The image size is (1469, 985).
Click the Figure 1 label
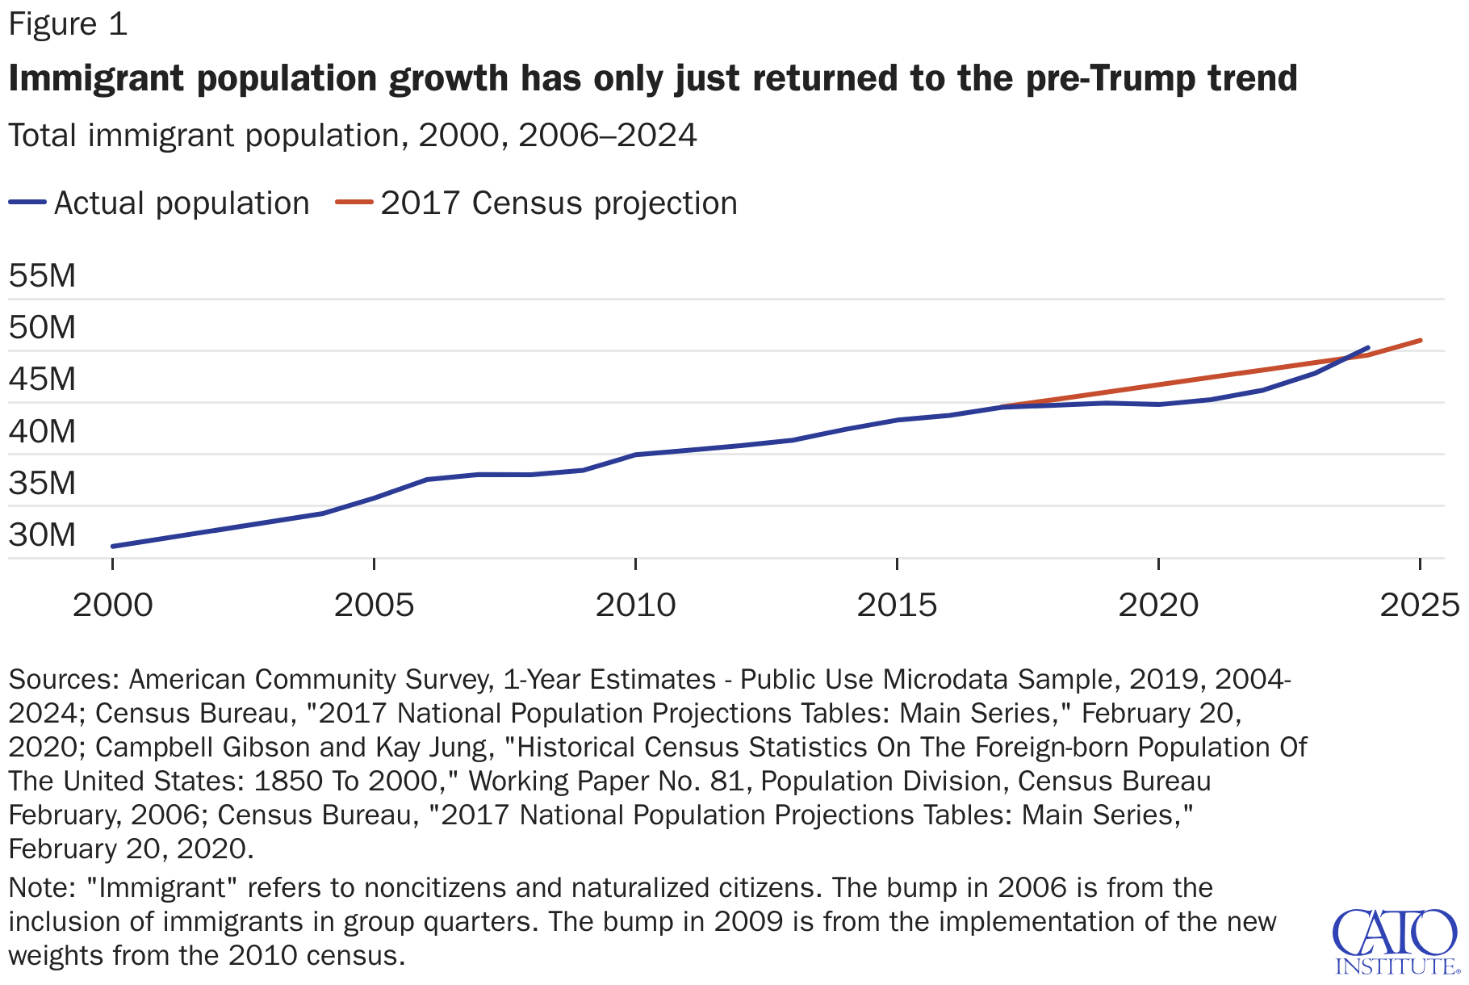(x=68, y=24)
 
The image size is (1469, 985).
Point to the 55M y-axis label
(x=42, y=276)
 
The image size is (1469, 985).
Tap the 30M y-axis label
(x=42, y=534)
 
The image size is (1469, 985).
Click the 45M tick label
(x=42, y=379)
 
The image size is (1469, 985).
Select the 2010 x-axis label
(x=635, y=605)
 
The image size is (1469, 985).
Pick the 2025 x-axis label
(x=1420, y=605)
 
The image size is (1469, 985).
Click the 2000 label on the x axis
(x=113, y=605)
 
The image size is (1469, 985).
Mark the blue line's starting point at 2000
(x=113, y=547)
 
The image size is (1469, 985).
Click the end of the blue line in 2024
(x=1368, y=348)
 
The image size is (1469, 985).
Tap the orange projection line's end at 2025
(x=1421, y=341)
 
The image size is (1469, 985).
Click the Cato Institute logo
(x=1396, y=941)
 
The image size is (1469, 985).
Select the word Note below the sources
(x=41, y=888)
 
